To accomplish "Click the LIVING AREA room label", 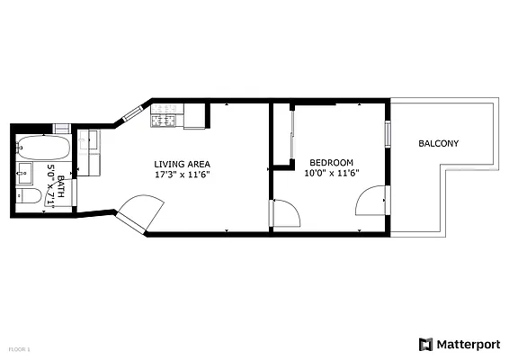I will (182, 163).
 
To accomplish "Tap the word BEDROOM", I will (331, 163).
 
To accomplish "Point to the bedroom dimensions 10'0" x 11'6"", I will (331, 174).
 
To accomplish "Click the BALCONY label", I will (438, 143).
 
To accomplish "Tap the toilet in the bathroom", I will (28, 196).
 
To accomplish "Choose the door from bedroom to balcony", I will (373, 202).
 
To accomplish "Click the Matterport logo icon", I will (425, 344).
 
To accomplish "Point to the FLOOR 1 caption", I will (19, 347).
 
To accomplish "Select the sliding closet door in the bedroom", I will (291, 135).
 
